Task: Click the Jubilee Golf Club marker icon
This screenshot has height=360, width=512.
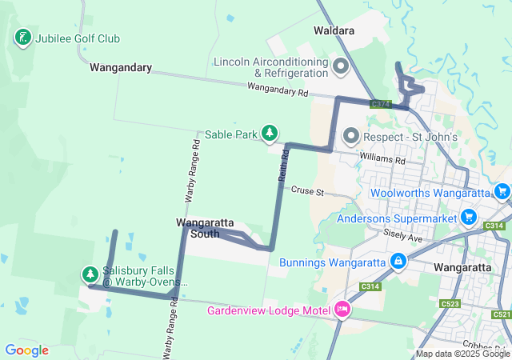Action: (23, 38)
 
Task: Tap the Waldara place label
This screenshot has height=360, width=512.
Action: (334, 31)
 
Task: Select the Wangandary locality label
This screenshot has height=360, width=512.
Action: (121, 68)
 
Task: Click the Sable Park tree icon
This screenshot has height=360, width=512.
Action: (271, 134)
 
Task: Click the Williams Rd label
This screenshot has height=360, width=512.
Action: (382, 160)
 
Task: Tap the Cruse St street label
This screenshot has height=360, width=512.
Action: (306, 192)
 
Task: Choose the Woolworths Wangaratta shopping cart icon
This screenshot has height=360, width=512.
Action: (502, 192)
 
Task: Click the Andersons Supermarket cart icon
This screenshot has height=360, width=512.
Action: (469, 218)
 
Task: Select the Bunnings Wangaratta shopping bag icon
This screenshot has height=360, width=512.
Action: (398, 262)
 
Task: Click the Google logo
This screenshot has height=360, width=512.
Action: (26, 350)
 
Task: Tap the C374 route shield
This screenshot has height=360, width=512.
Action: (380, 104)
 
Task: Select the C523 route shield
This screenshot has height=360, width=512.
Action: (450, 304)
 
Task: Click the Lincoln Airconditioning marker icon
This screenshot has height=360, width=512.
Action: (341, 66)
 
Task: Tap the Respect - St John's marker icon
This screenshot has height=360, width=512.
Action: (350, 137)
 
